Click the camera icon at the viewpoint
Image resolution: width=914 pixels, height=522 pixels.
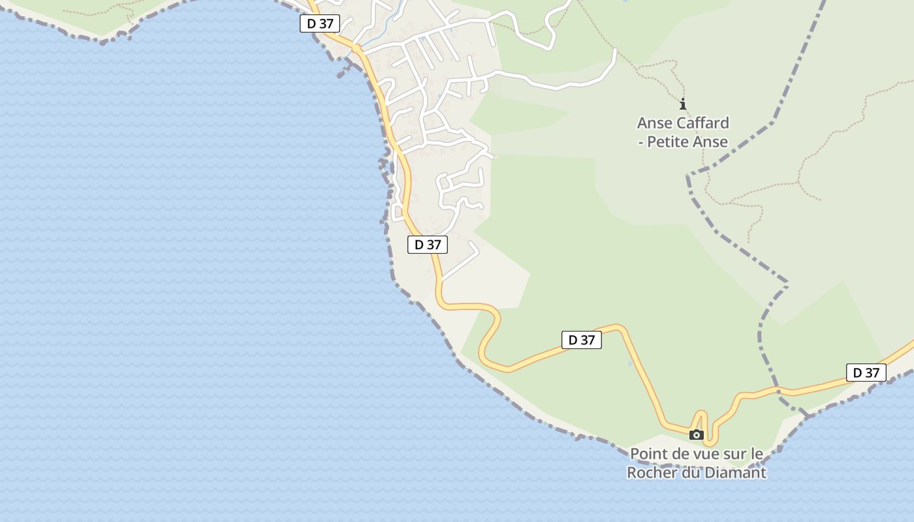click(697, 435)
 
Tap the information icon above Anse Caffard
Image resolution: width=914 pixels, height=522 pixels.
click(683, 104)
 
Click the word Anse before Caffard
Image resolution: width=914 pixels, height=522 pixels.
click(654, 123)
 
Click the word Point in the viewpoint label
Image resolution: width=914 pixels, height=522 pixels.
click(649, 453)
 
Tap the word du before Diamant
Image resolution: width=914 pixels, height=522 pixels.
click(691, 472)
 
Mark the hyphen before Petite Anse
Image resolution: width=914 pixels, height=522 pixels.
click(640, 142)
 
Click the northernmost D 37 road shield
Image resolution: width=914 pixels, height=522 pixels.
click(320, 23)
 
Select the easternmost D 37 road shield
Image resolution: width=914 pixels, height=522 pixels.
click(866, 373)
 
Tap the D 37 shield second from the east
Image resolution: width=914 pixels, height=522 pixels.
click(581, 339)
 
